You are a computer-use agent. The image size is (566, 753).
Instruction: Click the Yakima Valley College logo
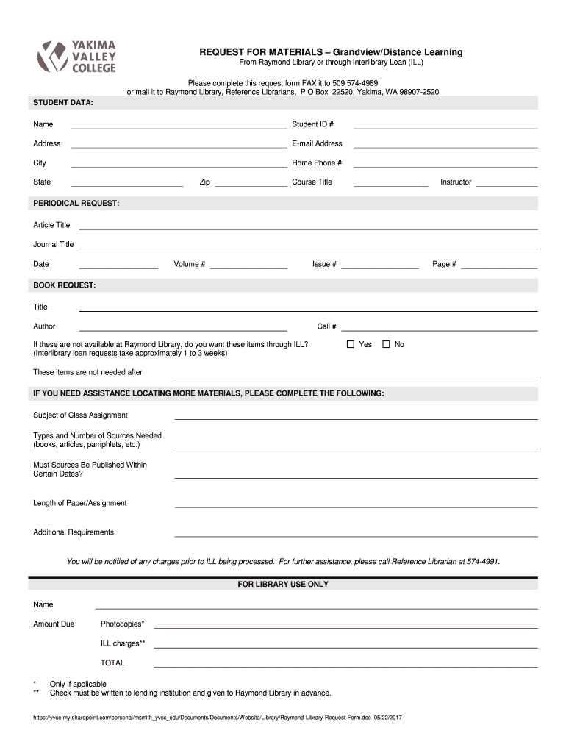click(x=76, y=56)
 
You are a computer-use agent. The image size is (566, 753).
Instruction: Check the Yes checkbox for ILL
click(x=351, y=344)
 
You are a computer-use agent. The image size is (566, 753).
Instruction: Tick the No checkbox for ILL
click(x=386, y=344)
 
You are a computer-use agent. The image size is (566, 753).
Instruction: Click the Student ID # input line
click(x=445, y=127)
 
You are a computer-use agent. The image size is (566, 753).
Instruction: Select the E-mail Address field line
click(x=445, y=146)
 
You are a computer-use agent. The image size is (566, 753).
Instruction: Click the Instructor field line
click(x=506, y=185)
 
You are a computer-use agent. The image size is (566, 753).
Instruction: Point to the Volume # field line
click(x=248, y=267)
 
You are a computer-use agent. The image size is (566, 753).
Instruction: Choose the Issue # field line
click(x=379, y=267)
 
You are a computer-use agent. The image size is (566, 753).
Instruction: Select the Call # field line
click(x=439, y=329)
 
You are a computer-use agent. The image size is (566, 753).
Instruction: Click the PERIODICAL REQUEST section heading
click(x=76, y=202)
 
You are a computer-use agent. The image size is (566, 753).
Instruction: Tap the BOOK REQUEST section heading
click(x=65, y=284)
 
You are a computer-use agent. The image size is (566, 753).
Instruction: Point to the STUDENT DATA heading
click(x=61, y=101)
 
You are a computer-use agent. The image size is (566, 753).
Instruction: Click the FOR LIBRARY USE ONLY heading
click(x=283, y=585)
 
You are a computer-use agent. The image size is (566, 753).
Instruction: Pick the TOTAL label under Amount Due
click(x=112, y=663)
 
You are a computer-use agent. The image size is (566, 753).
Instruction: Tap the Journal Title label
click(x=54, y=245)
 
